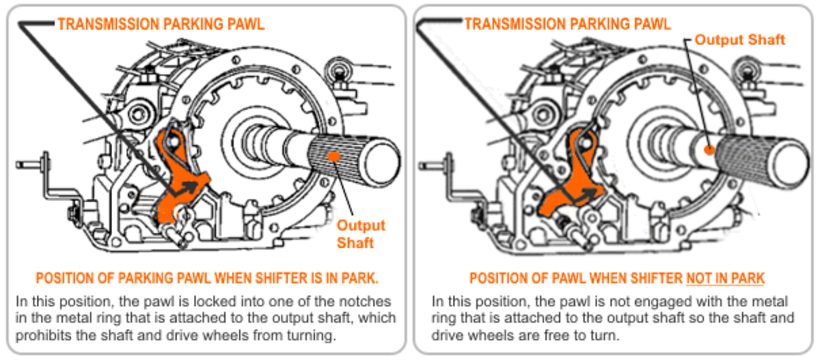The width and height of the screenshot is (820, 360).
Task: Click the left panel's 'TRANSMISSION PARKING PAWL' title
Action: pos(161,24)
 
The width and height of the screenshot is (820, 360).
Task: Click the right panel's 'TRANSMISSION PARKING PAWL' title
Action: pos(568,24)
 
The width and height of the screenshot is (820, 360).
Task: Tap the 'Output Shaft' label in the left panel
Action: pos(361,234)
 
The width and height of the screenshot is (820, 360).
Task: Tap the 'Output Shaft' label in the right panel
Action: pos(740,40)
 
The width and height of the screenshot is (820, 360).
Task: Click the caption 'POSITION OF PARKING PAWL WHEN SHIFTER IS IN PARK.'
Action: pos(207,279)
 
